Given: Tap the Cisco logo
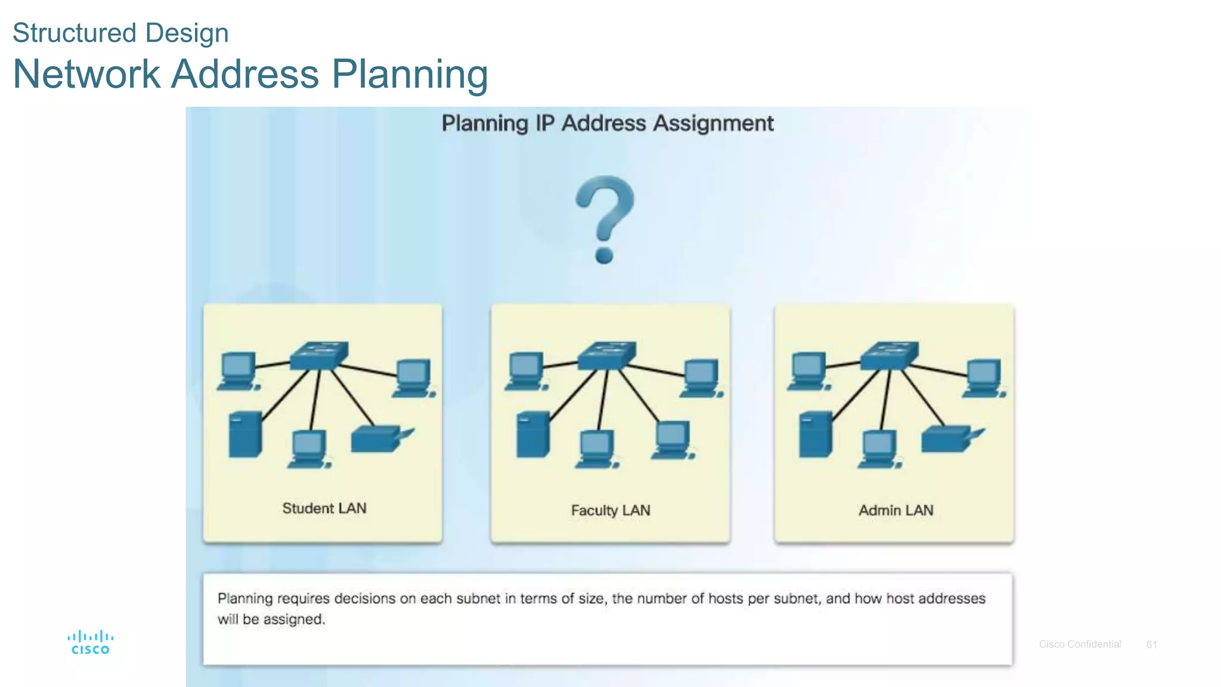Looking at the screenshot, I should click(x=90, y=642).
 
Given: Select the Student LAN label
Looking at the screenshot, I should click(x=324, y=508).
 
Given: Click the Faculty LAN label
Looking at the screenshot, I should click(x=610, y=510).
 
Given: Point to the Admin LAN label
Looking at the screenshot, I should click(x=895, y=510).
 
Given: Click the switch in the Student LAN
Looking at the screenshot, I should click(x=319, y=355).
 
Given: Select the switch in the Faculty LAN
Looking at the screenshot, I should click(x=607, y=355).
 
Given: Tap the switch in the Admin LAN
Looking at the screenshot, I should click(x=889, y=355).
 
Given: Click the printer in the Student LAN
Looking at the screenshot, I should click(x=380, y=439).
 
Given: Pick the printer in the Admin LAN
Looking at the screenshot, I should click(x=950, y=439).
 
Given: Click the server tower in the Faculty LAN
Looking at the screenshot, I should click(x=532, y=434).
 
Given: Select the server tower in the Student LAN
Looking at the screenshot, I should click(x=245, y=434).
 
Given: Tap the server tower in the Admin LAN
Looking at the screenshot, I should click(x=815, y=434).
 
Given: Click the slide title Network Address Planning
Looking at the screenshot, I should click(x=250, y=74).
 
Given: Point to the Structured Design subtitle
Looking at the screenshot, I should click(x=120, y=33).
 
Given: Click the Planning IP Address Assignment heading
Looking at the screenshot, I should click(x=607, y=123).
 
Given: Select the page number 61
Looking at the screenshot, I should click(x=1151, y=644).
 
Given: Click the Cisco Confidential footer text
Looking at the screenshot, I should click(x=1080, y=644).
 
